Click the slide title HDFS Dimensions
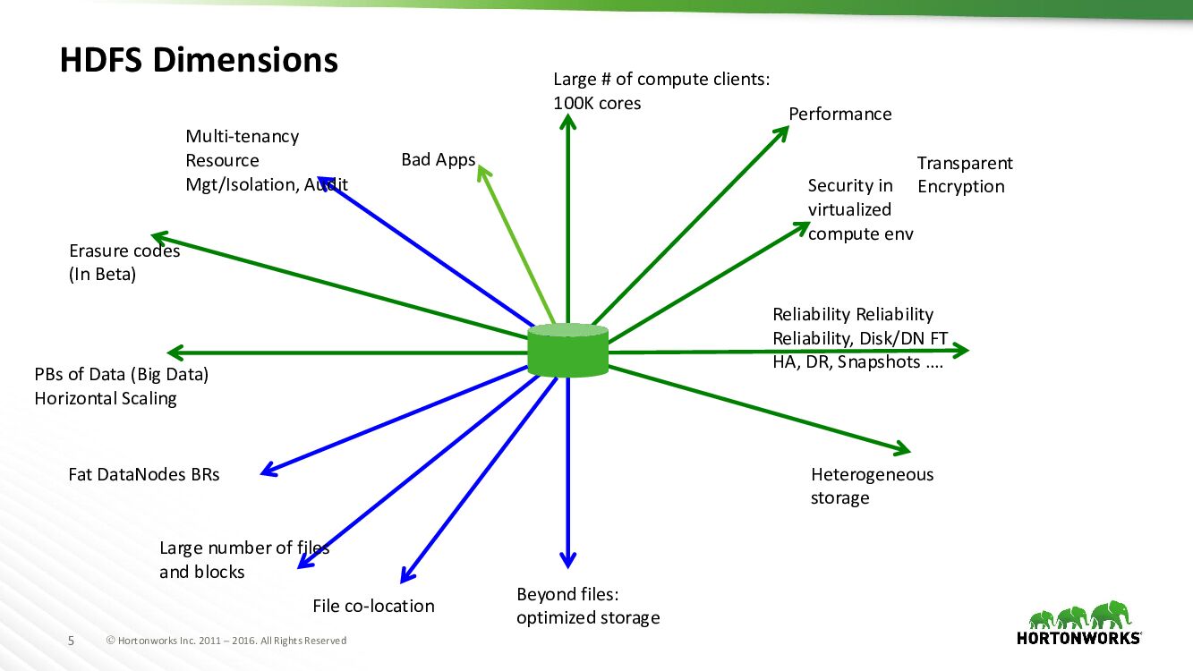pos(199,60)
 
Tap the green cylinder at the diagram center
pos(567,350)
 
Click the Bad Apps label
pos(438,160)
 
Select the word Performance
pos(839,114)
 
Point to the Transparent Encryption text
pos(964,174)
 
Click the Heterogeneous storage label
pos(871,486)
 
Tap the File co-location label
pos(373,606)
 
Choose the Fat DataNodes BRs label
pos(143,474)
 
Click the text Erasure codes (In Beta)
pos(124,262)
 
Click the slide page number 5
pos(72,641)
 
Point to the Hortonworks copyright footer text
pos(226,641)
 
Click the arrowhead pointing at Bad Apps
pos(483,171)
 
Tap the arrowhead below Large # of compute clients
pos(567,123)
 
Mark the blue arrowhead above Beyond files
pos(567,560)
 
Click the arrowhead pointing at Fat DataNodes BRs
pos(267,471)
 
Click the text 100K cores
pos(597,103)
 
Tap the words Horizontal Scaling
pos(106,398)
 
